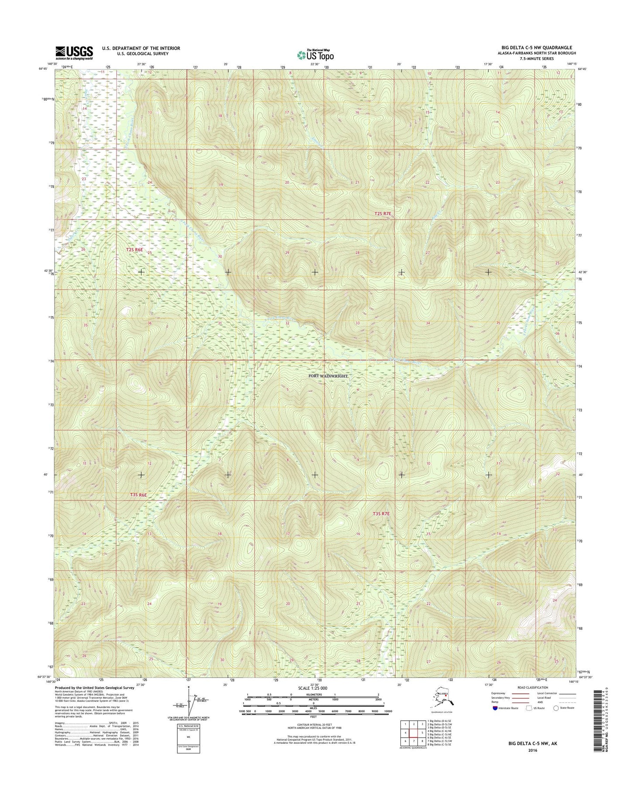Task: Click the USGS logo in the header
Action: [x=74, y=52]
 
